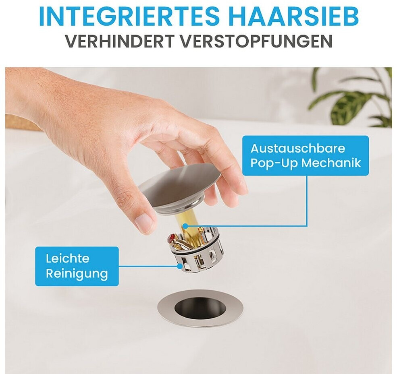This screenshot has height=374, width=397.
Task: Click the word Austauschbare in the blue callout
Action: (x=298, y=149)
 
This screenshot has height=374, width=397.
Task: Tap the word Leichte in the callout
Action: (x=68, y=258)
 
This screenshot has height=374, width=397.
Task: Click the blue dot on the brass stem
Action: (x=185, y=225)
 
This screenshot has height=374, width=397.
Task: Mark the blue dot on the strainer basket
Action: (x=180, y=266)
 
